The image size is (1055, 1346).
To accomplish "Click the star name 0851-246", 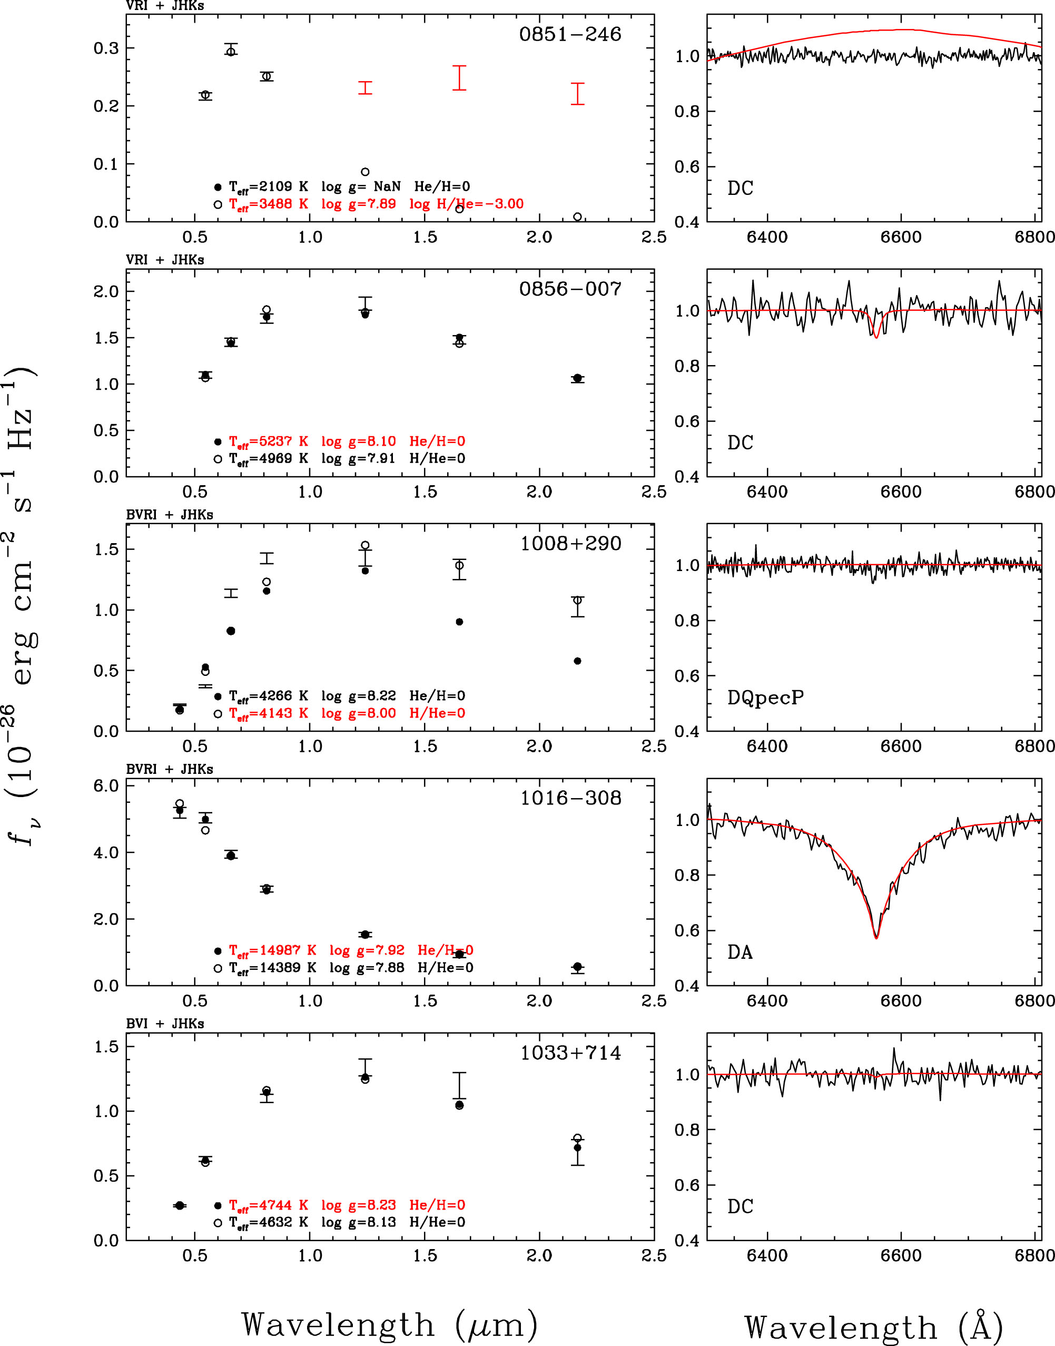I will click(569, 34).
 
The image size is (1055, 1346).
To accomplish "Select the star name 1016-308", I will click(570, 798).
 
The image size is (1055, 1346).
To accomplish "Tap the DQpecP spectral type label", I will click(765, 697).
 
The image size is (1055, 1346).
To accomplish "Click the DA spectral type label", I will click(740, 952).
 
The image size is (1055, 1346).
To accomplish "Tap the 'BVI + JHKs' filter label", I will click(165, 1024).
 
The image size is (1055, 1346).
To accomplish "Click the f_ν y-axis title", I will click(22, 605).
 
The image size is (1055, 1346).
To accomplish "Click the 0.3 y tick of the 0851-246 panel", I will click(106, 48).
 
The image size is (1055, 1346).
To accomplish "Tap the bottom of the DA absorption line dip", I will click(876, 937).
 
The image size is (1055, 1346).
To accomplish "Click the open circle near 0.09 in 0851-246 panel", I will click(365, 172).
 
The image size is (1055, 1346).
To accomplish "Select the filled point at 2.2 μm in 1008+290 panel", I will click(577, 661).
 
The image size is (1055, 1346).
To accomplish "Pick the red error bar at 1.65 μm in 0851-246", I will click(459, 78).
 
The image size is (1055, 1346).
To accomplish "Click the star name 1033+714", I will click(570, 1053).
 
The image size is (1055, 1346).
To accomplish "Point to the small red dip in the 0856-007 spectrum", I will click(876, 336).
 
